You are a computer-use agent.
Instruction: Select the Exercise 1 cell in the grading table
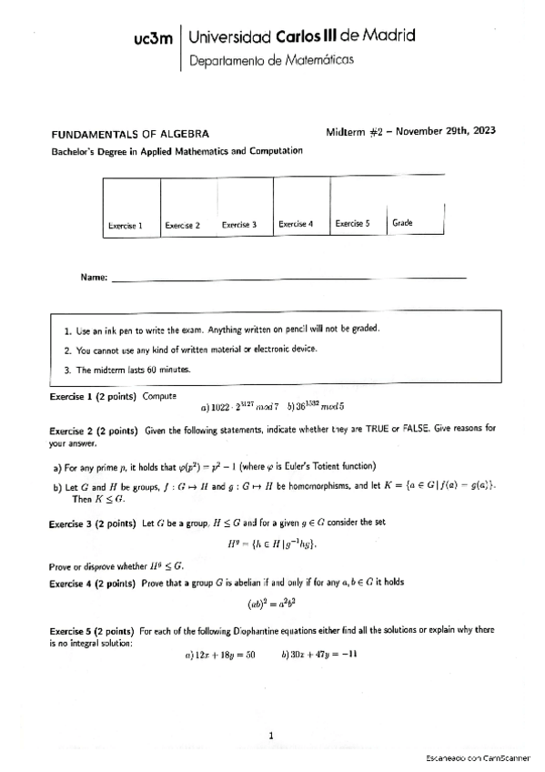coord(132,208)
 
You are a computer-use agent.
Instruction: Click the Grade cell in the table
coord(415,208)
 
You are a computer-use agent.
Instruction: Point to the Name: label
coord(94,277)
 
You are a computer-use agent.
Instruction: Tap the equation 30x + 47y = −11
coord(318,655)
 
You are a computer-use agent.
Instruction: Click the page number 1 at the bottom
coord(271,736)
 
